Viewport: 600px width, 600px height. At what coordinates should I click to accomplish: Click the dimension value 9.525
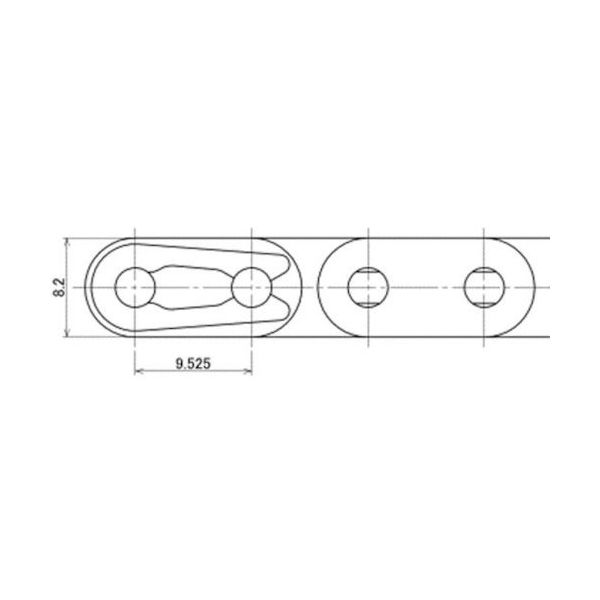pyautogui.click(x=190, y=364)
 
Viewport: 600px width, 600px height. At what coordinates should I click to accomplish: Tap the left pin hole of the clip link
pyautogui.click(x=134, y=290)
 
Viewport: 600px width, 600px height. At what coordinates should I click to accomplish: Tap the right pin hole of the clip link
pyautogui.click(x=250, y=290)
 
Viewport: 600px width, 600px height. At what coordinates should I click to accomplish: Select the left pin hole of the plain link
pyautogui.click(x=366, y=290)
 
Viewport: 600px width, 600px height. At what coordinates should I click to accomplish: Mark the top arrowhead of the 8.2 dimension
pyautogui.click(x=68, y=241)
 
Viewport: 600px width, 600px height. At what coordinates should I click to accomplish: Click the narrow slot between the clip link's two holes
pyautogui.click(x=192, y=290)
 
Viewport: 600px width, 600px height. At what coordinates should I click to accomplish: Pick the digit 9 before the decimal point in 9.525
pyautogui.click(x=177, y=364)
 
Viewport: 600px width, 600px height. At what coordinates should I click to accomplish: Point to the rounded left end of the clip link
pyautogui.click(x=87, y=290)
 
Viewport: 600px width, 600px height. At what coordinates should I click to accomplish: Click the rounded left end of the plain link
pyautogui.click(x=323, y=290)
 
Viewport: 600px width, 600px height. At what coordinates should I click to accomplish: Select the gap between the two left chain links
pyautogui.click(x=310, y=290)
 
